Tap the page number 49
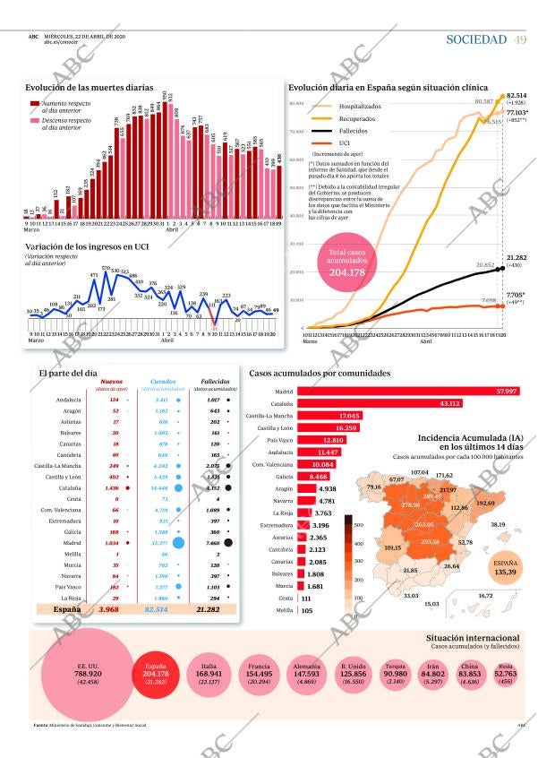tap(520, 39)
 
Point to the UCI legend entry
tap(345, 142)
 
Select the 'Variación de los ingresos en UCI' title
tap(86, 246)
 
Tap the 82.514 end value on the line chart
tap(517, 95)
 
